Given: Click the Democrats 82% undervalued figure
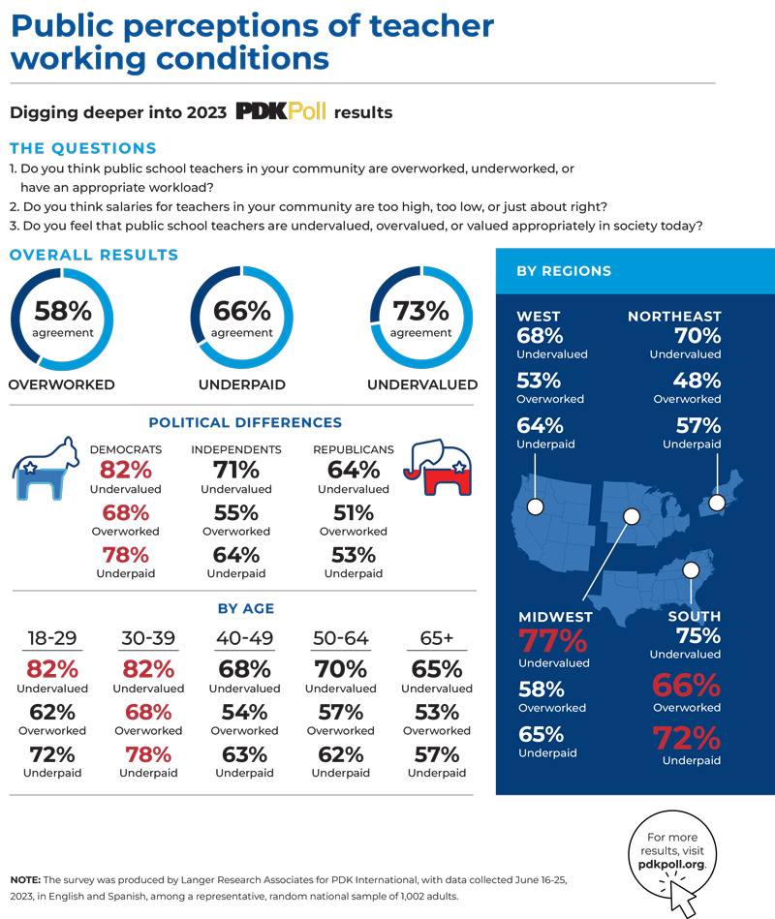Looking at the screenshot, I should point(125,471).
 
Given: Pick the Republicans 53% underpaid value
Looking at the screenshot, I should point(353,555).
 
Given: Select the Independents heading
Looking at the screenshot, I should point(236,449).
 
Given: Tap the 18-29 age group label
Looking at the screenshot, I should point(51,639).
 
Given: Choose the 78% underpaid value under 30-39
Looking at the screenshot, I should point(148,754).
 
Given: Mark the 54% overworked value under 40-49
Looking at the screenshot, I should point(244,712).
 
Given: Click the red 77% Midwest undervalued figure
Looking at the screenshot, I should point(553,641).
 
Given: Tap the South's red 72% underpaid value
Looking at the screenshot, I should point(686,739).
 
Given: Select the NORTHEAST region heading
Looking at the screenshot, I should point(674,317).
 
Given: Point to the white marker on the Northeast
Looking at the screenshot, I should point(718,502).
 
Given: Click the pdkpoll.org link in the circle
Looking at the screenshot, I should point(669,862).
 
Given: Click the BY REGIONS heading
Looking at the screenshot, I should point(564,271).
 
